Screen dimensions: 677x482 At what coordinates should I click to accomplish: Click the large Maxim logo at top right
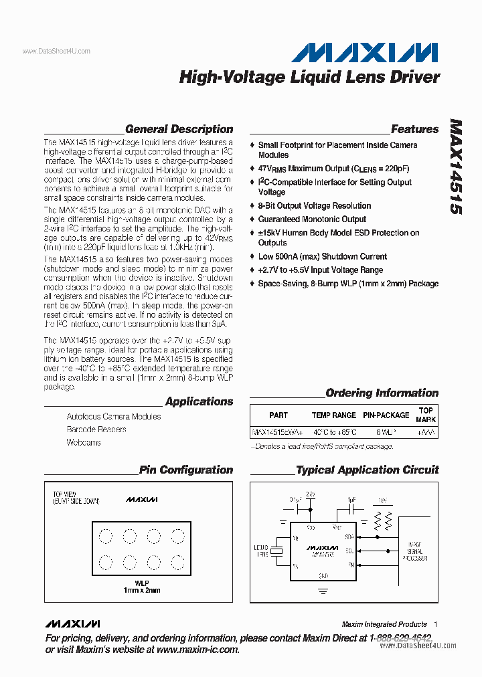[x=364, y=52]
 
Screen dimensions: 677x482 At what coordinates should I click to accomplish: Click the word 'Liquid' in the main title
[x=315, y=77]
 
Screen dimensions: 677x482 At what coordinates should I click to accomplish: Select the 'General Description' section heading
[x=179, y=129]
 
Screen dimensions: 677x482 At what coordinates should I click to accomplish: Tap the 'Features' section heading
[x=414, y=129]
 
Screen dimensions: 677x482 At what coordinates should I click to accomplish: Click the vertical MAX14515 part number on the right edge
[x=455, y=167]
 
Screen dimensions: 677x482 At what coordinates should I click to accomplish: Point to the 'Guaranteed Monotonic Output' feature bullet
[x=312, y=219]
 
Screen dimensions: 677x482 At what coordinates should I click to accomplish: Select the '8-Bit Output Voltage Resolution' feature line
[x=315, y=206]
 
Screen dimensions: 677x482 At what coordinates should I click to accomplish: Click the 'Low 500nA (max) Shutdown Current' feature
[x=322, y=257]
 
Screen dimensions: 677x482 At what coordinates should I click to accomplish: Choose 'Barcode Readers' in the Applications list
[x=96, y=429]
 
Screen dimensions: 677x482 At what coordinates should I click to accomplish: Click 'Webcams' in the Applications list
[x=83, y=443]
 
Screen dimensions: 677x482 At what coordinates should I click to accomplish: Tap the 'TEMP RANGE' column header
[x=334, y=415]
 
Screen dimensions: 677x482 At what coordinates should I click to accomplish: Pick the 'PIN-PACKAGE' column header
[x=386, y=415]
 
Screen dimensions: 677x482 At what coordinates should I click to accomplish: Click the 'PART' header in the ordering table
[x=278, y=415]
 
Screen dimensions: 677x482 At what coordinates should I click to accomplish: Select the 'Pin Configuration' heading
[x=186, y=470]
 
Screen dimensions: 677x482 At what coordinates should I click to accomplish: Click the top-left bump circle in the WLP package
[x=105, y=536]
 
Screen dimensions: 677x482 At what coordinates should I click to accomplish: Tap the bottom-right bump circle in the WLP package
[x=177, y=561]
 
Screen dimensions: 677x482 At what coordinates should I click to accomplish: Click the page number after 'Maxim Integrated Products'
[x=436, y=624]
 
